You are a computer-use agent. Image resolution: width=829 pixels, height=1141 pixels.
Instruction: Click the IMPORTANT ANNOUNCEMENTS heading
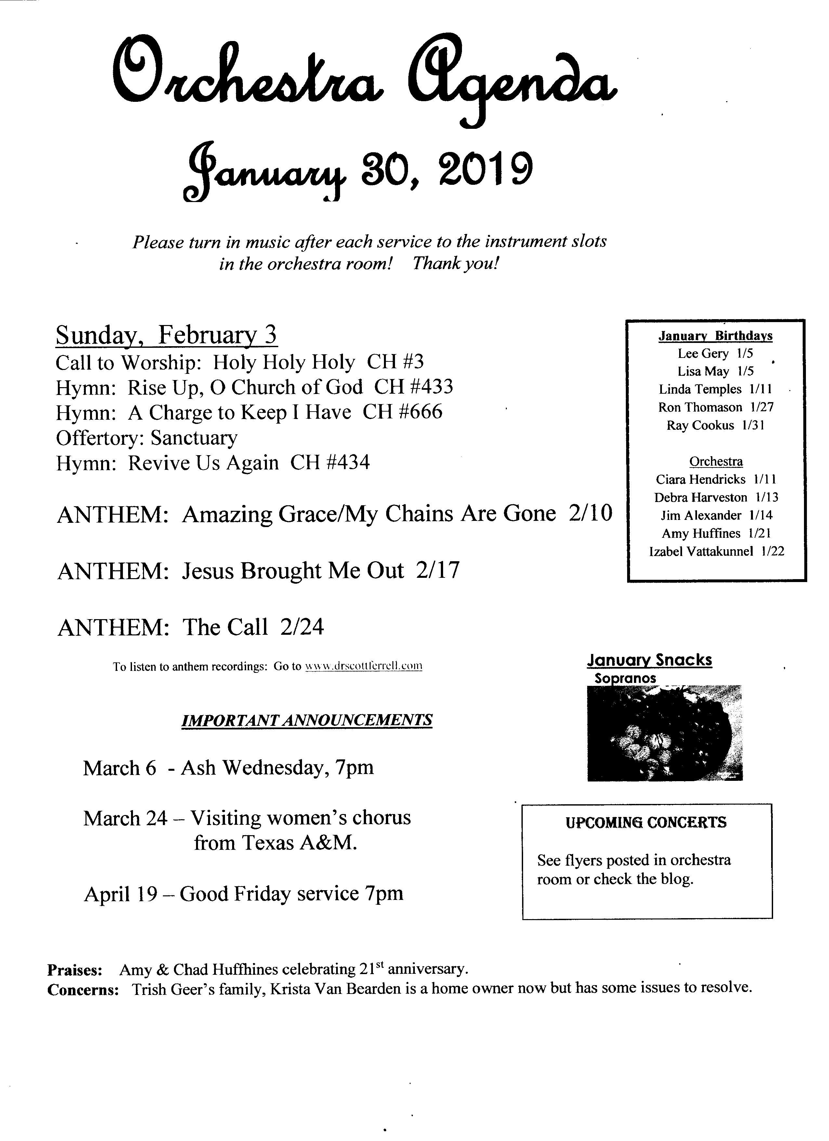pyautogui.click(x=307, y=720)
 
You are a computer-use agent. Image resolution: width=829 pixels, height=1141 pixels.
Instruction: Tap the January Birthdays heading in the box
pyautogui.click(x=716, y=335)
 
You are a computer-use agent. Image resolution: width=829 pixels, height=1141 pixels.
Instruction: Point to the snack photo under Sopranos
pyautogui.click(x=665, y=732)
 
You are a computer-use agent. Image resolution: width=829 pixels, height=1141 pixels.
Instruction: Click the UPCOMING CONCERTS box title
pyautogui.click(x=646, y=822)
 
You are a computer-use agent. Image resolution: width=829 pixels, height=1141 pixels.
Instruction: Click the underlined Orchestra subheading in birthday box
pyautogui.click(x=716, y=461)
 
